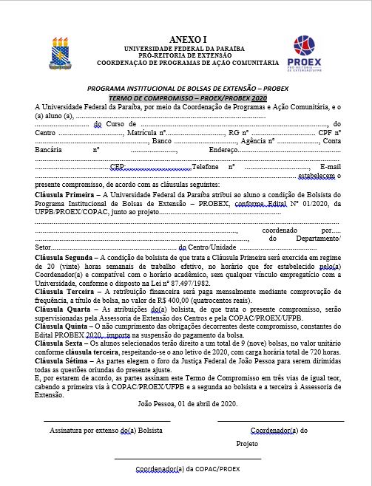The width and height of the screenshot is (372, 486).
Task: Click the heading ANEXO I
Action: pyautogui.click(x=189, y=37)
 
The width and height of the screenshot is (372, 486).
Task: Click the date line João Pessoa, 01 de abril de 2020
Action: pyautogui.click(x=187, y=403)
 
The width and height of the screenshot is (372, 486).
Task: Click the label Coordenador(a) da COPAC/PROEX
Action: pyautogui.click(x=188, y=469)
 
